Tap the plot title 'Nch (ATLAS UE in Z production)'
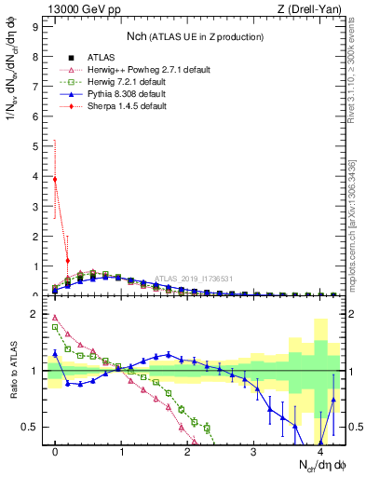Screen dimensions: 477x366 pyautogui.click(x=195, y=35)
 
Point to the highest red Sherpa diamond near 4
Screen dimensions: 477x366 pyautogui.click(x=55, y=180)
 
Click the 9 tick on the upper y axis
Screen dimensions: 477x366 pyautogui.click(x=34, y=27)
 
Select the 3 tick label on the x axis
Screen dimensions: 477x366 pyautogui.click(x=253, y=452)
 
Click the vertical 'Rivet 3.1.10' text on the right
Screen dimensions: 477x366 pyautogui.click(x=359, y=79)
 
